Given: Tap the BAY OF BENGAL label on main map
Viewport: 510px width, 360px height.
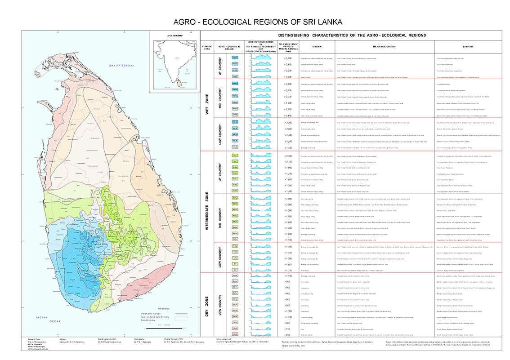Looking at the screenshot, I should [x=119, y=66].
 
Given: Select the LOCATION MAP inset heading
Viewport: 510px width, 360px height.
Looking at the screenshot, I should [x=174, y=35].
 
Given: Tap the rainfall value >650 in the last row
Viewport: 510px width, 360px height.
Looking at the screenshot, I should [x=288, y=335].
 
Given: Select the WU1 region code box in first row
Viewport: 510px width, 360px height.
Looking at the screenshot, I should [x=235, y=58].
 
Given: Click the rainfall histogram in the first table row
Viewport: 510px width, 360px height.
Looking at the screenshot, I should [x=261, y=58].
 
